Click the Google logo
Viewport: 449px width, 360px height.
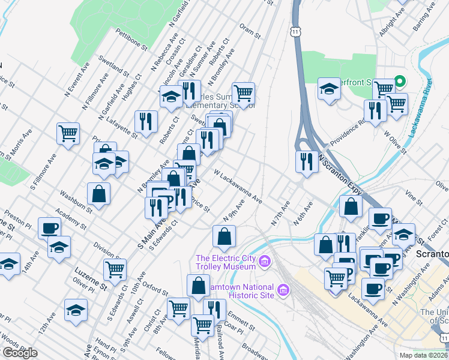pyautogui.click(x=20, y=353)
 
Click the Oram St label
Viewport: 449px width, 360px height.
pyautogui.click(x=250, y=31)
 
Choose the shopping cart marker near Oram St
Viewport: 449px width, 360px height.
pyautogui.click(x=244, y=93)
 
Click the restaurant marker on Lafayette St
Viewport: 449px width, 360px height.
pyautogui.click(x=146, y=121)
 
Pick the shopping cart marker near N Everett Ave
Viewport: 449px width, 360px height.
pyautogui.click(x=68, y=133)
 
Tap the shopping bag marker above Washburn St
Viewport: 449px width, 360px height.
pyautogui.click(x=98, y=193)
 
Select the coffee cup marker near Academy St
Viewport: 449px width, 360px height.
pyautogui.click(x=50, y=228)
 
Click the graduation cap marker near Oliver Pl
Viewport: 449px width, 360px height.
pyautogui.click(x=76, y=310)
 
